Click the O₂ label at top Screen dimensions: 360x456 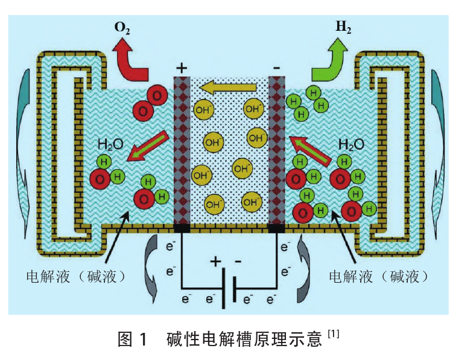tap(122, 27)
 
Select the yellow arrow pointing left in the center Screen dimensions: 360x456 tap(228, 89)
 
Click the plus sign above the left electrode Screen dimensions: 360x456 tap(182, 67)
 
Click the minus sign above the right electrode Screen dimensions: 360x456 tap(276, 68)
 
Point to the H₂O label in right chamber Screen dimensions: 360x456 tap(351, 144)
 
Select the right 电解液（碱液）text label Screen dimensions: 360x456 tap(379, 276)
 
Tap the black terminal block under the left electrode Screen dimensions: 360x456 tap(182, 229)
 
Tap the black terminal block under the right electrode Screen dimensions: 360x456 tap(276, 229)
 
